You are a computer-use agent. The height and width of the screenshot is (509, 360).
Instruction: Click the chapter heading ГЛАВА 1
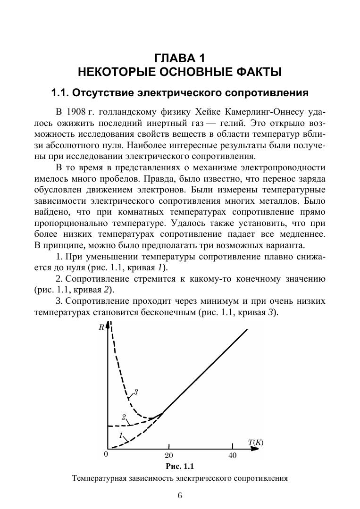(x=180, y=58)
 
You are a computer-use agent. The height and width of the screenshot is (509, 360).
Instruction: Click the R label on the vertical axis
(x=101, y=327)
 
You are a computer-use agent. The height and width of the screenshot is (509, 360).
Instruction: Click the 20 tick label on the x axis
(x=168, y=456)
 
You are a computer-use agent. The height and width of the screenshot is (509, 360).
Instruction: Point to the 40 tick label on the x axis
(x=232, y=456)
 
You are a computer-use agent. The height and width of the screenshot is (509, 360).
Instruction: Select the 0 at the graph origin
(x=106, y=455)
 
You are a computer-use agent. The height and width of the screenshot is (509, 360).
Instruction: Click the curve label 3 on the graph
(x=135, y=392)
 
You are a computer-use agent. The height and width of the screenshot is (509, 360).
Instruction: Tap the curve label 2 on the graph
(x=124, y=417)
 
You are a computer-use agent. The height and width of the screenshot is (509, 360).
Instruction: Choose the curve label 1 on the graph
(x=121, y=435)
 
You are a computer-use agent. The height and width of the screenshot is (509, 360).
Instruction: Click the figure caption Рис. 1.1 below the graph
(x=180, y=467)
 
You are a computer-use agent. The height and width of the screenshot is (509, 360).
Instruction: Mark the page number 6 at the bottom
(x=180, y=495)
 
